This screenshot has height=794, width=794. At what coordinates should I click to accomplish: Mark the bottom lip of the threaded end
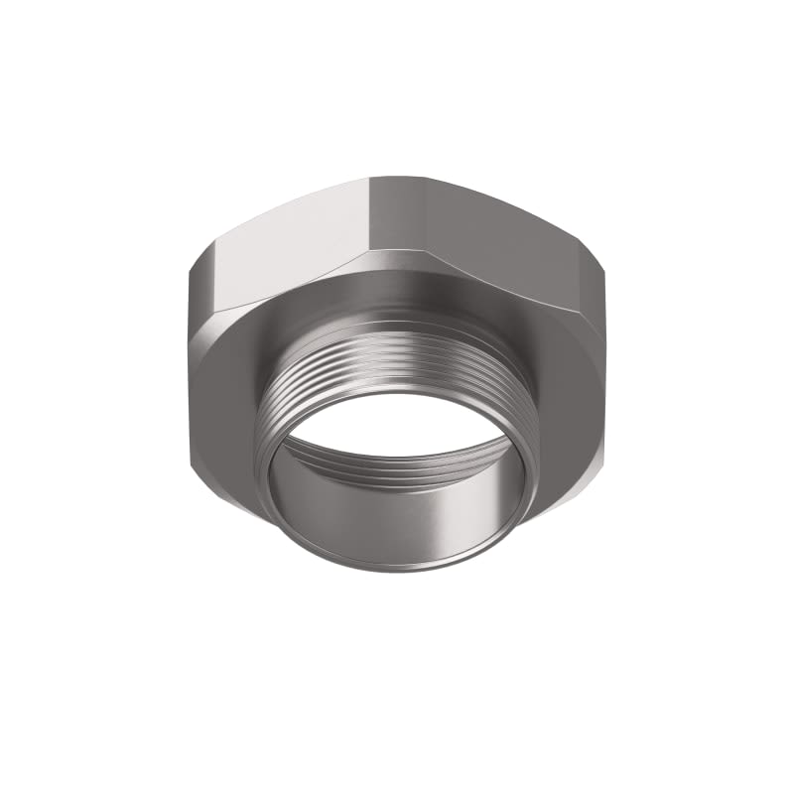point(397,568)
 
